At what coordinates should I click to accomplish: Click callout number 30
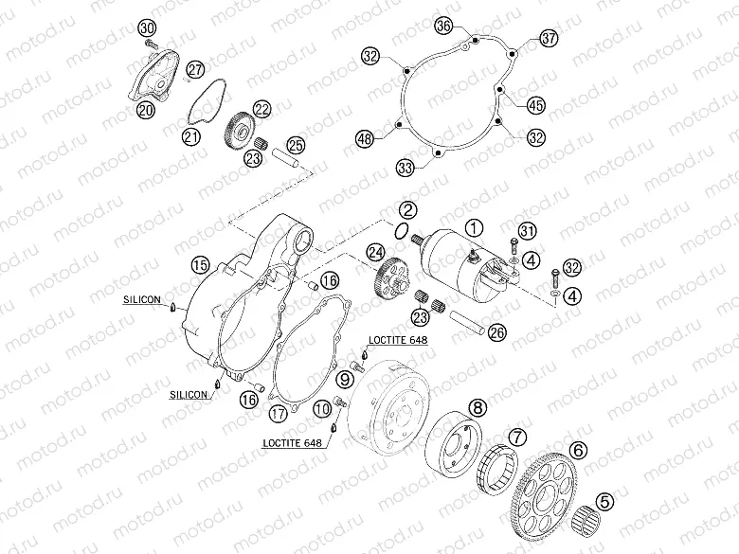147,28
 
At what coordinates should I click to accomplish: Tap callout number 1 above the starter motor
474,228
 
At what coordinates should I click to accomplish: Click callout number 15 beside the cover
200,265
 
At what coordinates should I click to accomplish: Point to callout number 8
478,407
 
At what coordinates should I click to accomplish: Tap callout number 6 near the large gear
578,451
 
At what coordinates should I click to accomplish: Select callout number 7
518,438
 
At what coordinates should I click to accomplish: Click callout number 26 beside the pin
496,333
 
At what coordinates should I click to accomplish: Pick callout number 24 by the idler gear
376,253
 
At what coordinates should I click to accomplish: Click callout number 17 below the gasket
278,414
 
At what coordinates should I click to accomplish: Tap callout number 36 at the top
443,26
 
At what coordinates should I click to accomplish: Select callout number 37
549,38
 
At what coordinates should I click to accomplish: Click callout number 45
536,105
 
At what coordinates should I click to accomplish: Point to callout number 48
365,138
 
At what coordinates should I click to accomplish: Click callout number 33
406,168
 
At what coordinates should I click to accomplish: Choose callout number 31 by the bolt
528,231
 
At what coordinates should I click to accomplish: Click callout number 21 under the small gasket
191,137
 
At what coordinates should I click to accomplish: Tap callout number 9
345,378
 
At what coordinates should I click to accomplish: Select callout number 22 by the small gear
262,109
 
